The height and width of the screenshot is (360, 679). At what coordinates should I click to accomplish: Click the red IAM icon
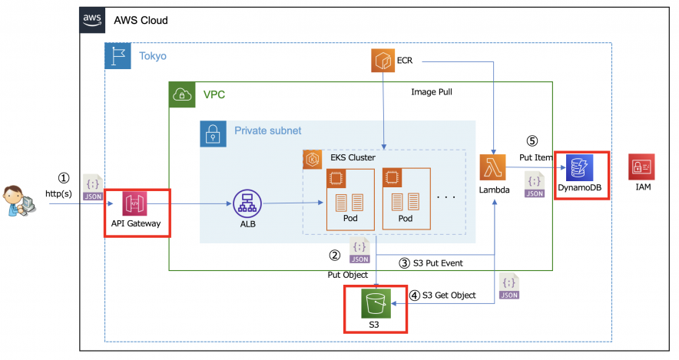[641, 167]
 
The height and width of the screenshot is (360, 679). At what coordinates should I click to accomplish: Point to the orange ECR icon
[383, 61]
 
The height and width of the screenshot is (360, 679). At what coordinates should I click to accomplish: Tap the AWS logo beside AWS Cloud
[92, 19]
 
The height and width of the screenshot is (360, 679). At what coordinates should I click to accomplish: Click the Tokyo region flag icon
[118, 56]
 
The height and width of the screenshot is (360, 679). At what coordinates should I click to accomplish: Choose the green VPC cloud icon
[182, 95]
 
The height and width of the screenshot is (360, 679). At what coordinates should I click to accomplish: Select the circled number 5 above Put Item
[533, 142]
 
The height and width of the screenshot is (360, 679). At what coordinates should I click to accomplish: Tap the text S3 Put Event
[435, 263]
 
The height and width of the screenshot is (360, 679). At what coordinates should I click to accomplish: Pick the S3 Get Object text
[448, 295]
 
